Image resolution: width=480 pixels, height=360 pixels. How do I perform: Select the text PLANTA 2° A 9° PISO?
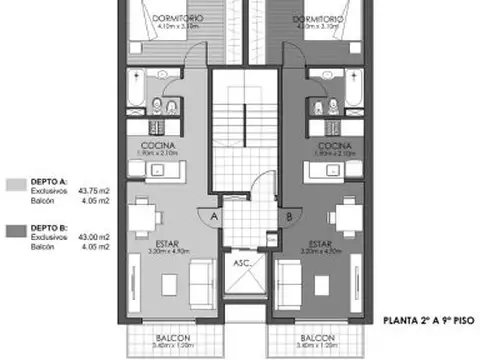coord(428,321)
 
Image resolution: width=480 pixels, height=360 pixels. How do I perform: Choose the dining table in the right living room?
coord(346,213)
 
